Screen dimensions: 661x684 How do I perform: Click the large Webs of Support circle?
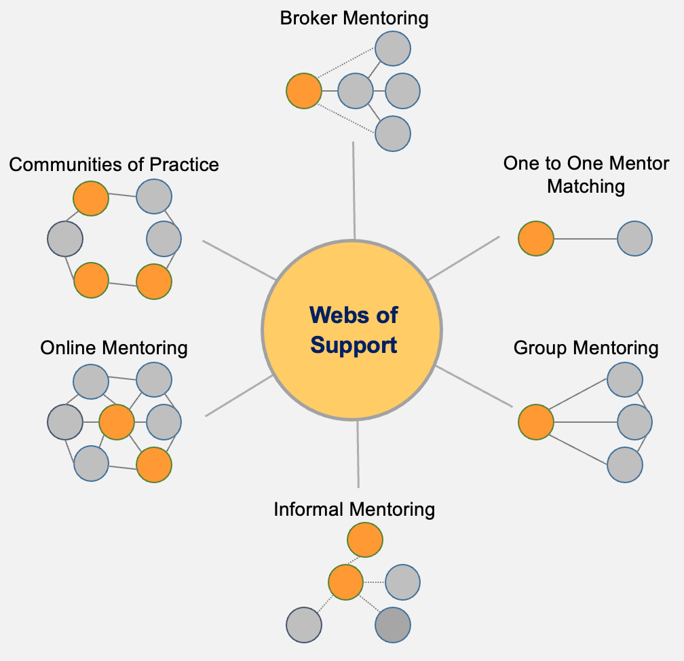click(x=352, y=330)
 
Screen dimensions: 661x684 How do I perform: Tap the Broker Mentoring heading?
click(x=354, y=18)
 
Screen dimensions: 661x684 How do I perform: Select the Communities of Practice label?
click(x=114, y=164)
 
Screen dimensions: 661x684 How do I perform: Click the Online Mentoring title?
click(x=114, y=348)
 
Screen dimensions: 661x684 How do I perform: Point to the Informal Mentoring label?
click(x=354, y=509)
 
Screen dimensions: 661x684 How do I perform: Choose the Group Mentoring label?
click(x=586, y=348)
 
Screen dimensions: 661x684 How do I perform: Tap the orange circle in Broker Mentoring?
click(x=303, y=91)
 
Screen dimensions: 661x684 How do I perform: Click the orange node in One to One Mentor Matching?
click(x=536, y=238)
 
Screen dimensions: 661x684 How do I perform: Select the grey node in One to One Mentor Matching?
click(x=634, y=238)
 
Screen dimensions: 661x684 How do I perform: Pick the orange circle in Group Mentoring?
click(x=536, y=422)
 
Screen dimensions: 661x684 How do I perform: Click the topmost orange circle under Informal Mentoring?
click(x=365, y=540)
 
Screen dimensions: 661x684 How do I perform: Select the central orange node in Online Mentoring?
click(x=117, y=422)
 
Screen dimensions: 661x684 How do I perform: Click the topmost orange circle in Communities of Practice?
click(x=91, y=199)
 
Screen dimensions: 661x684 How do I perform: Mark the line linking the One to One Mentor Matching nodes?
click(x=585, y=238)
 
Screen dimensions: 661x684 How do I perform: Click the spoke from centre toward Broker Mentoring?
click(x=354, y=190)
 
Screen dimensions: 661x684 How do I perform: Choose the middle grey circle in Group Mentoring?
click(x=634, y=422)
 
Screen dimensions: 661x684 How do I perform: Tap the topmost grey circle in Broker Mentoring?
click(x=393, y=49)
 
